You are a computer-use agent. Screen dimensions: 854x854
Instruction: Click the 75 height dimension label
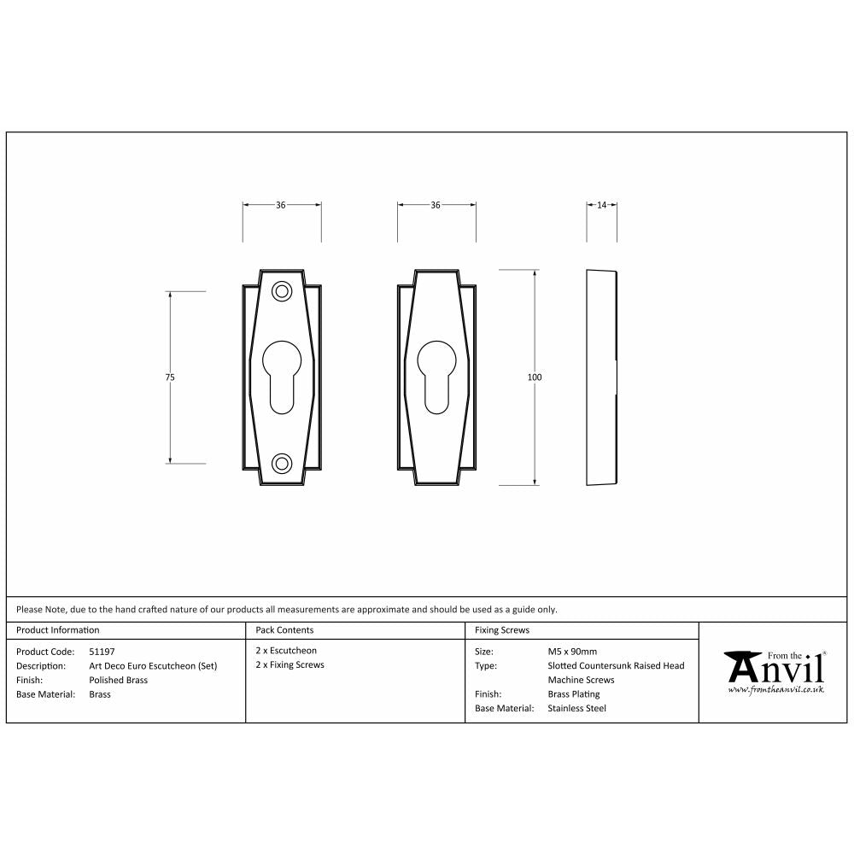tap(171, 377)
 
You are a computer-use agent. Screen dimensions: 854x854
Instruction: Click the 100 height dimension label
tap(535, 377)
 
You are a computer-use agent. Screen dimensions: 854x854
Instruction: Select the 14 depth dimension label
tap(601, 205)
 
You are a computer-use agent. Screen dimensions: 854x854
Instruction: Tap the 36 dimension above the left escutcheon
tap(280, 205)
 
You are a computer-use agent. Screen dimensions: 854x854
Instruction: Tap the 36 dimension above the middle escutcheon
tap(436, 205)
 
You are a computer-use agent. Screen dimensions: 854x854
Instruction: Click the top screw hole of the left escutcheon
tap(281, 291)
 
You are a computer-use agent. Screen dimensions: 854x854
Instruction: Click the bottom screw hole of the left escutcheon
tap(281, 463)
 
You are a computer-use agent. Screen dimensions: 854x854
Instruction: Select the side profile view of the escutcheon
tap(601, 377)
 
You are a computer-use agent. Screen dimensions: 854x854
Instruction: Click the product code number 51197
tap(102, 651)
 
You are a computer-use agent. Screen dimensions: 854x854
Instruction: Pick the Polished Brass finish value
tap(118, 680)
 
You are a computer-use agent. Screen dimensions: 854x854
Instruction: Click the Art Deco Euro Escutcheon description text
tap(153, 665)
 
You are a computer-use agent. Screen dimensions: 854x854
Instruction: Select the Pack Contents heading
tap(284, 630)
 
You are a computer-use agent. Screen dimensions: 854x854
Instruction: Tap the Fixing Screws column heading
tap(501, 630)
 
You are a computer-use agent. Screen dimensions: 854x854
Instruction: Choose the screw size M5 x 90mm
tap(572, 651)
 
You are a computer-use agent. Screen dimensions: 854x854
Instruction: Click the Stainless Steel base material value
tap(576, 708)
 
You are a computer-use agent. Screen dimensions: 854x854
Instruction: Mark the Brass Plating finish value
tap(573, 694)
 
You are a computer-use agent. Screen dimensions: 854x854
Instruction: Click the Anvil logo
tap(775, 671)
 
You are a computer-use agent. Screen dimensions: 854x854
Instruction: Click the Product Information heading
tap(58, 630)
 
